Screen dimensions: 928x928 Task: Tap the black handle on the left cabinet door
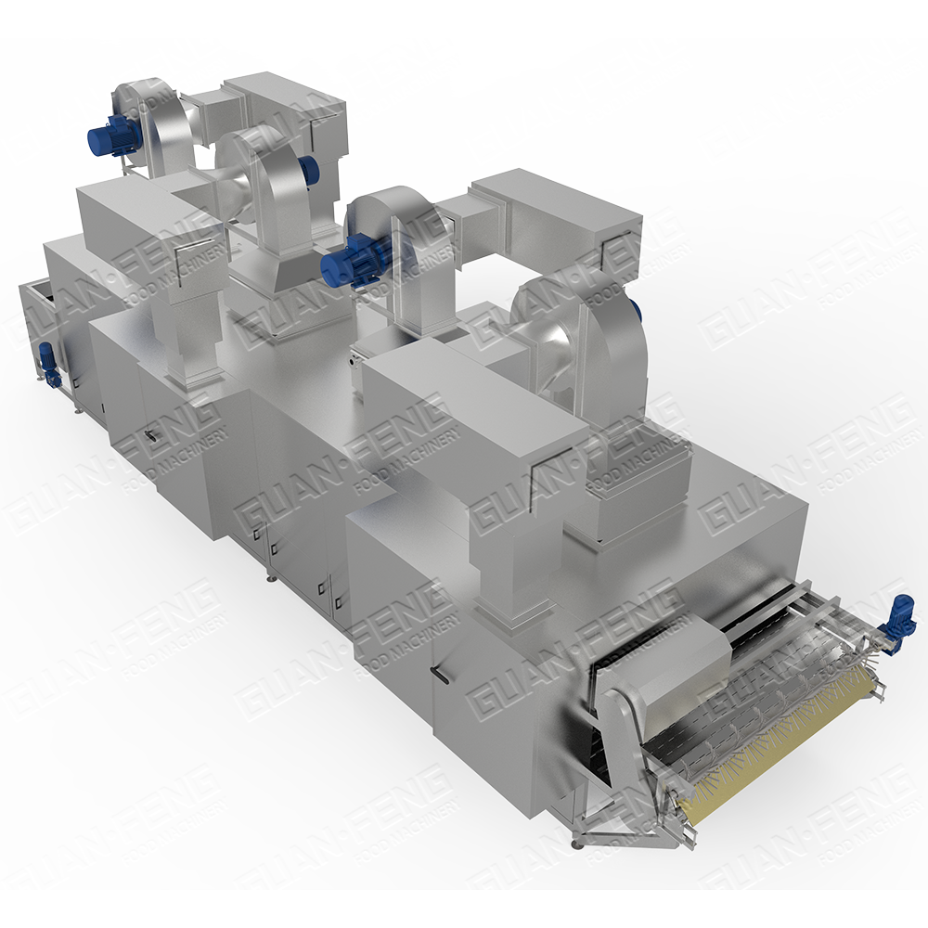coord(153,436)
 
